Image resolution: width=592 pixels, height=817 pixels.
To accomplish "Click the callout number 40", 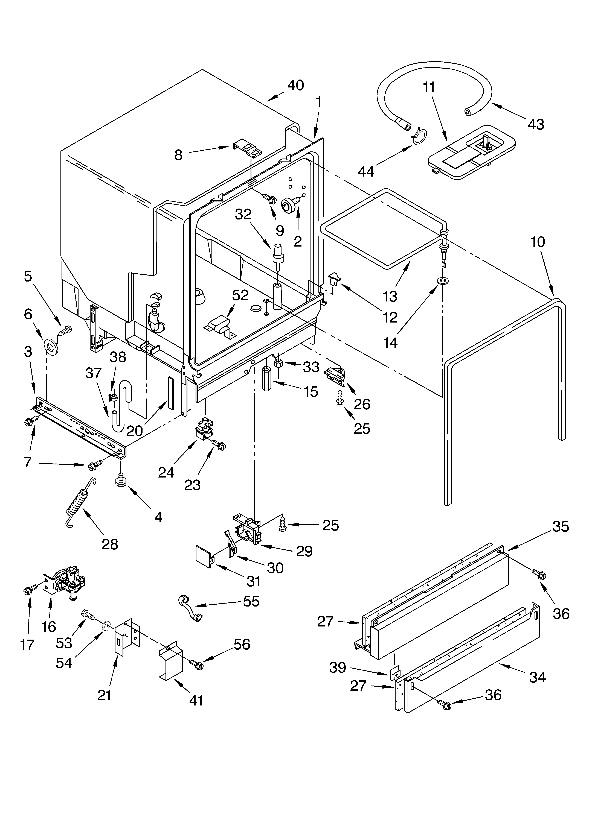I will coord(296,85).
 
